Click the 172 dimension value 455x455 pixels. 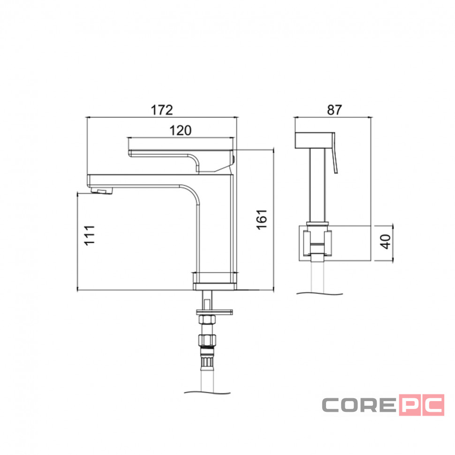[x=162, y=110]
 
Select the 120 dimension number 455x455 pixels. [x=180, y=130]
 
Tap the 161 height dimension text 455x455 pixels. [x=262, y=220]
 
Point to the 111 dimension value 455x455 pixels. [x=90, y=235]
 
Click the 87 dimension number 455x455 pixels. [x=334, y=110]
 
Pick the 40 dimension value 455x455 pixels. [x=386, y=242]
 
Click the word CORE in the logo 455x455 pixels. [x=359, y=405]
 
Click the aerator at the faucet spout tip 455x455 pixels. [x=101, y=190]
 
